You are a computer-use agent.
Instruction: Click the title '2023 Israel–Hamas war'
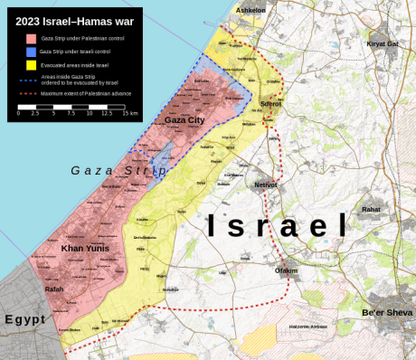(73, 19)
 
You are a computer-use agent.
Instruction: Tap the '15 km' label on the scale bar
(130, 114)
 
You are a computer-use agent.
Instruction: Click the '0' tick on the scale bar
(19, 114)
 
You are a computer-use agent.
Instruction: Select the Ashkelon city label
(251, 10)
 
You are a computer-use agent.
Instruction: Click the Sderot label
(270, 104)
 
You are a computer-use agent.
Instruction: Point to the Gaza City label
(184, 119)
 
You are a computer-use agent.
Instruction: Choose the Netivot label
(266, 185)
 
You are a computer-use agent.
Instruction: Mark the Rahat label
(371, 209)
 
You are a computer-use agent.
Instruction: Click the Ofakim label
(286, 270)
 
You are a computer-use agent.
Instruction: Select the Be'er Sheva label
(386, 312)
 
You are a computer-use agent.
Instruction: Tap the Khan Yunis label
(85, 247)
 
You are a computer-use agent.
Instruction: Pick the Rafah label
(54, 289)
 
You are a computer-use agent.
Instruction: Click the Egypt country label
(24, 319)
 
